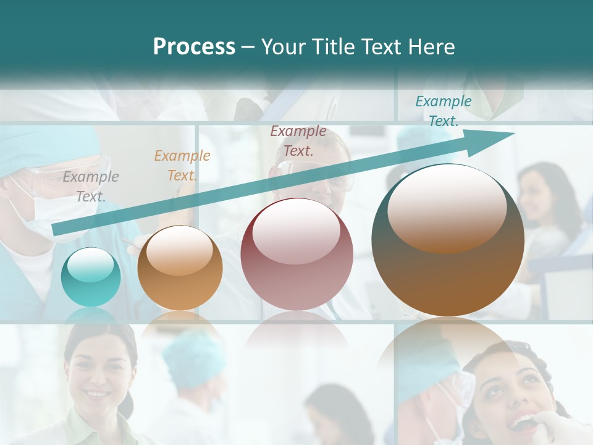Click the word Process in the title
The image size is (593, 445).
(x=194, y=47)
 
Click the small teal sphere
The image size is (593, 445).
(x=91, y=277)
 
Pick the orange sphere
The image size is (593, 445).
(x=180, y=268)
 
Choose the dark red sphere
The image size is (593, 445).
(x=296, y=255)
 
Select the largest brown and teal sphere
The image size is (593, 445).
(x=448, y=240)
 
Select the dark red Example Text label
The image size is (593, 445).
(x=298, y=140)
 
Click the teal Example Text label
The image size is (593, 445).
(x=444, y=111)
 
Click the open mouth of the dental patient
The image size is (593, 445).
(x=522, y=422)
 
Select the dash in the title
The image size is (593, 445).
(x=248, y=47)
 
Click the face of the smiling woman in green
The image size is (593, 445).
(x=99, y=371)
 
